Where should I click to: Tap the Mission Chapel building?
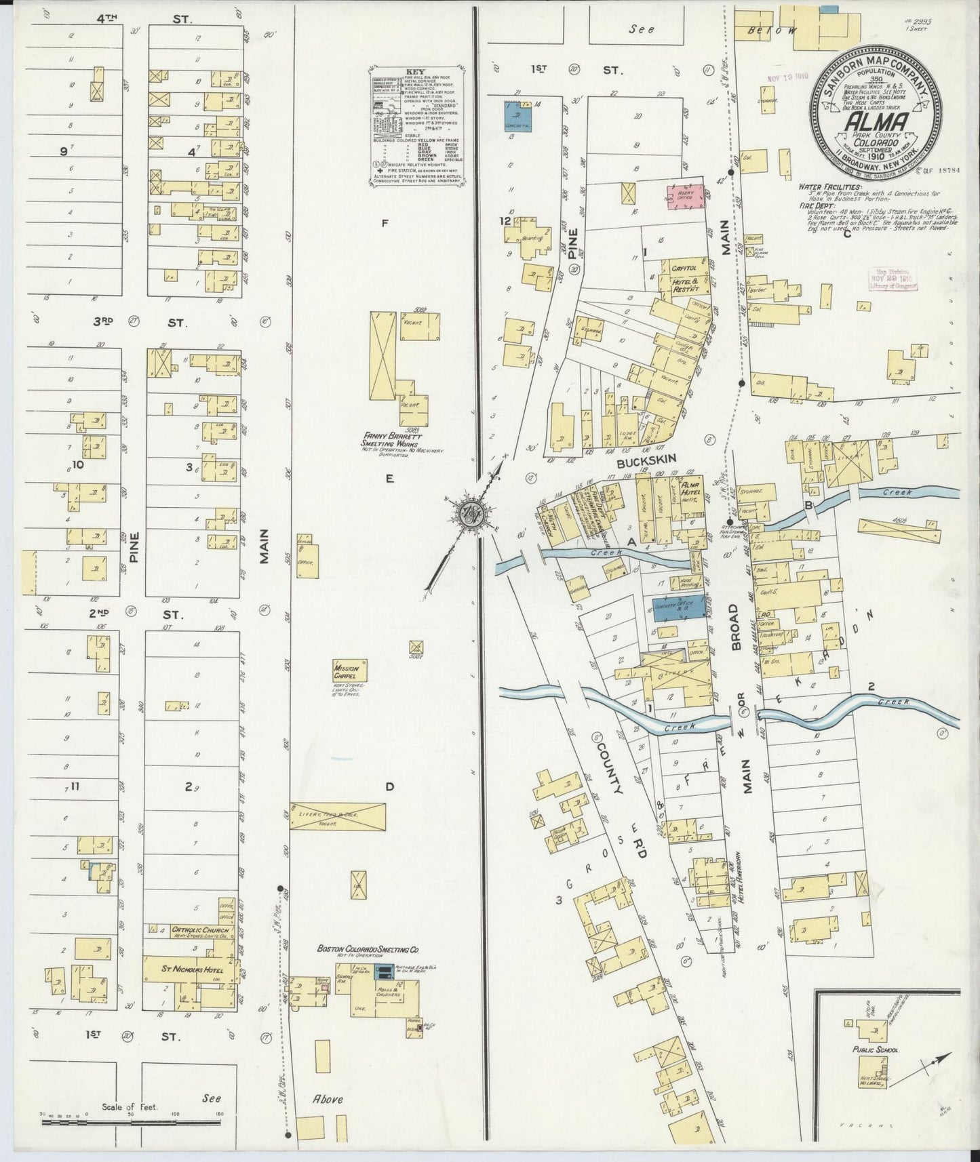pos(350,671)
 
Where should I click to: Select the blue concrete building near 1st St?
pos(519,117)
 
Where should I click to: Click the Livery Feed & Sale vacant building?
pos(337,816)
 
